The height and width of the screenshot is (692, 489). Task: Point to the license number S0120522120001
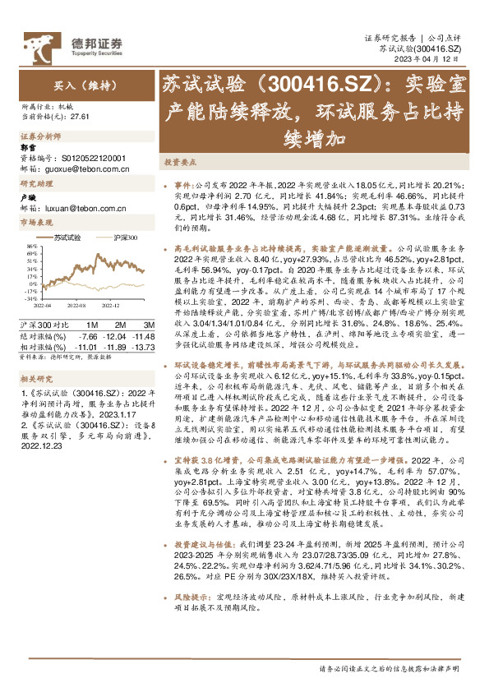(94, 157)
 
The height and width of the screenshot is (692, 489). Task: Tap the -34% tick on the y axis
(30, 277)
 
